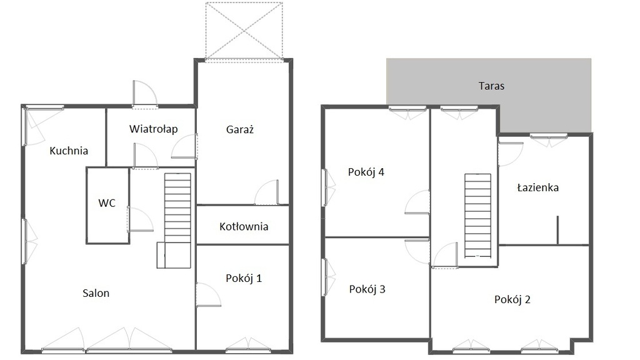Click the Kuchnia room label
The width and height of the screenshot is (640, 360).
(x=69, y=151)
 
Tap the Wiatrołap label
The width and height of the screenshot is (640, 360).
(x=154, y=129)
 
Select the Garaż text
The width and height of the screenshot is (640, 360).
(x=240, y=129)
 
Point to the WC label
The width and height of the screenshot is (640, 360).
(x=107, y=203)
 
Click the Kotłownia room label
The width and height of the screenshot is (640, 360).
(x=244, y=226)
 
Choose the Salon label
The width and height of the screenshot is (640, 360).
(x=96, y=293)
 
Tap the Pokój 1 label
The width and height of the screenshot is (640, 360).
(x=244, y=278)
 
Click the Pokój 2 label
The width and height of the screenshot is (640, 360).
(x=512, y=299)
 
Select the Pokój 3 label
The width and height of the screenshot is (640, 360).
(x=367, y=289)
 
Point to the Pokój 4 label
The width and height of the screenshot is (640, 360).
(x=366, y=172)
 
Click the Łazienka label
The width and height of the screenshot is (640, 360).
(x=537, y=187)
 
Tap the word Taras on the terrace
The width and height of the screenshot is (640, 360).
(x=491, y=86)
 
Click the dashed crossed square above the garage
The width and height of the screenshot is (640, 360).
(x=244, y=31)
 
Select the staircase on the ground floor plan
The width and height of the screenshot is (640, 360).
(x=174, y=221)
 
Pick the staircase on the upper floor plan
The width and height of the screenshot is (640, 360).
(x=477, y=216)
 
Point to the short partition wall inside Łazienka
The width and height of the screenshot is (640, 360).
(x=557, y=230)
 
